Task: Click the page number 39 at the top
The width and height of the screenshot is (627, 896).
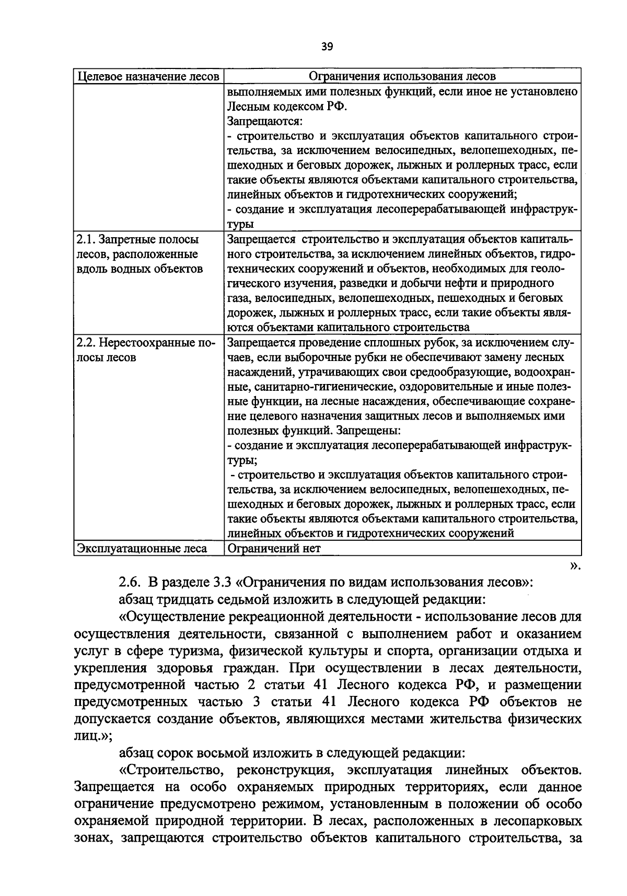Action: click(x=327, y=47)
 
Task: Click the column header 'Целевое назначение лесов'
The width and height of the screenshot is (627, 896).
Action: click(x=148, y=76)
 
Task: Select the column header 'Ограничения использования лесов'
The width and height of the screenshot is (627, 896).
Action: click(x=402, y=76)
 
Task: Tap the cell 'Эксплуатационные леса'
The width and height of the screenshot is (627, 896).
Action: click(x=142, y=548)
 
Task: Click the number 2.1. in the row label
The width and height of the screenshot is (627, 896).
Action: click(x=86, y=240)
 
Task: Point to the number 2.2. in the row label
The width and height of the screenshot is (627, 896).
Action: click(x=86, y=343)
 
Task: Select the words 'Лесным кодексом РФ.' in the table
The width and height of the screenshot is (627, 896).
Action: click(x=287, y=107)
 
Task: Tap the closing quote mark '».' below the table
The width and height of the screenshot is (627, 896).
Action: click(x=575, y=565)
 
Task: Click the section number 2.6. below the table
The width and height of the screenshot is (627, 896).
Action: click(x=129, y=581)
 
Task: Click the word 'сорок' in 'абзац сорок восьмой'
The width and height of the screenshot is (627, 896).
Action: click(x=175, y=753)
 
